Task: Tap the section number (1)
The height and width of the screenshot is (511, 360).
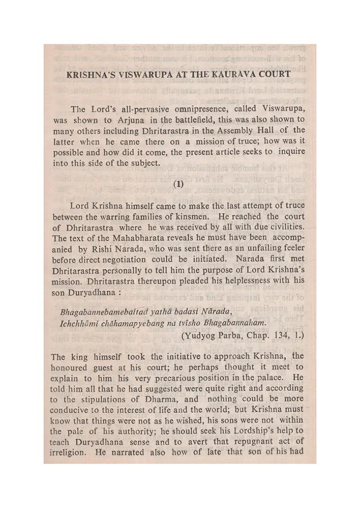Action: pyautogui.click(x=179, y=184)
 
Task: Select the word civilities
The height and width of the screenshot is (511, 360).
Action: pyautogui.click(x=285, y=226)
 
